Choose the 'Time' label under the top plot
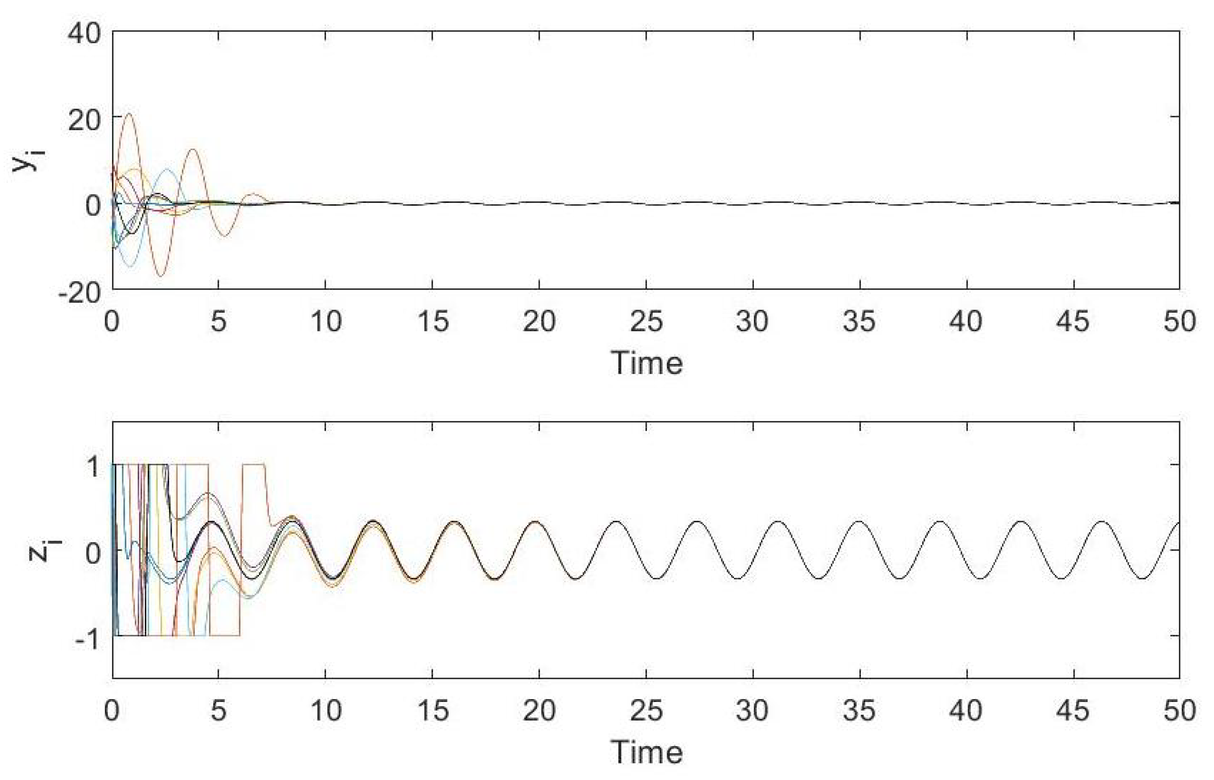pos(647,363)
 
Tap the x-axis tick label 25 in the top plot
pos(646,321)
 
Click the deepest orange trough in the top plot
pos(161,276)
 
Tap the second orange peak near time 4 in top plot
pos(192,149)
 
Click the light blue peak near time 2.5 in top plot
pos(167,169)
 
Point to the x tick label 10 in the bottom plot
pos(326,711)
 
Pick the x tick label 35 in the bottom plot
pos(860,711)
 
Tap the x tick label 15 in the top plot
pos(433,321)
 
